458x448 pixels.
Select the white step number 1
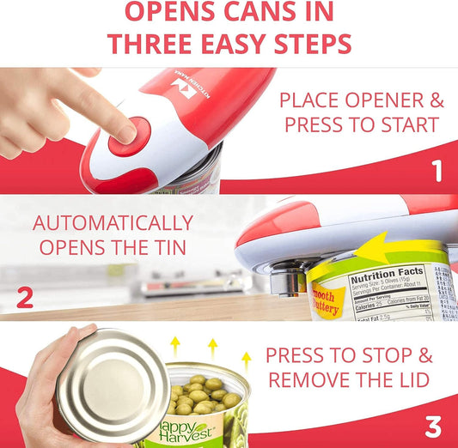437,172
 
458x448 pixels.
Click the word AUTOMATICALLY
112,223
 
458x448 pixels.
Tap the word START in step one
403,125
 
